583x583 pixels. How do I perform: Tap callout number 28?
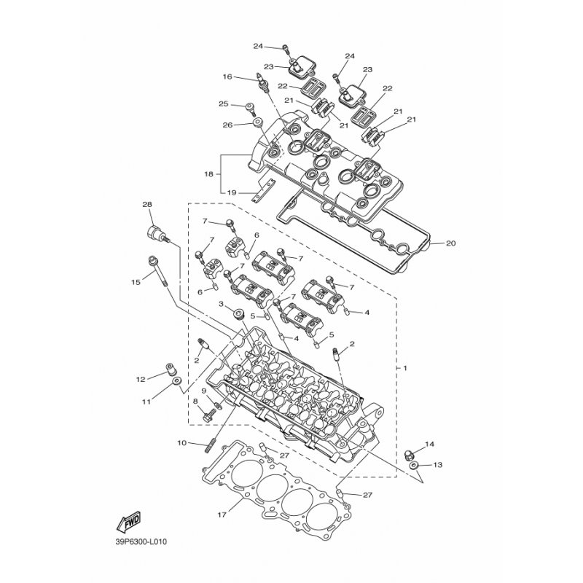click(147, 205)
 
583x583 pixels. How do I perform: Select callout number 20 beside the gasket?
click(450, 243)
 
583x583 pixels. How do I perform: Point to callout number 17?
click(222, 515)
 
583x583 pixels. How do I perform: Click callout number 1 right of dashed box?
click(405, 368)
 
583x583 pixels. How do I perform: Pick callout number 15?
click(136, 282)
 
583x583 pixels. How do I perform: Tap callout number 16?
click(227, 77)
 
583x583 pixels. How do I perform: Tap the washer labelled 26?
click(257, 123)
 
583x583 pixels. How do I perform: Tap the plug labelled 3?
click(238, 315)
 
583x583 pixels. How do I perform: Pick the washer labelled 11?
click(176, 380)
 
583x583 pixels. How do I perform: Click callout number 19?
click(232, 192)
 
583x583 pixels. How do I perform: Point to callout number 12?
click(141, 379)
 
